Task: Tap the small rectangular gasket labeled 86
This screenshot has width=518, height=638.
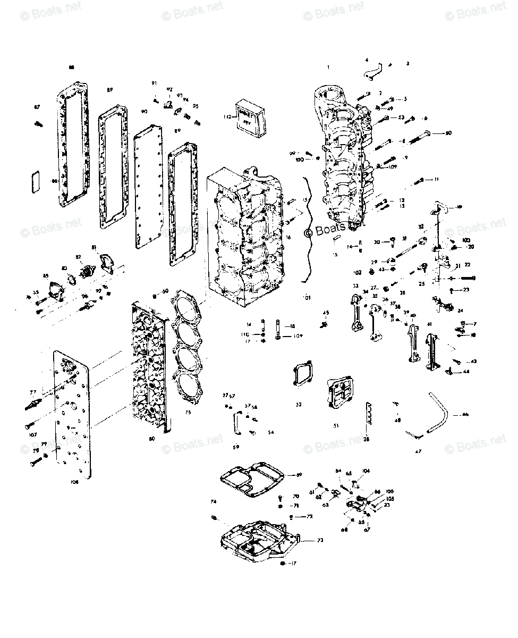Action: pyautogui.click(x=33, y=180)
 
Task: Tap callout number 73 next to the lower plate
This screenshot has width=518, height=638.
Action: pyautogui.click(x=320, y=540)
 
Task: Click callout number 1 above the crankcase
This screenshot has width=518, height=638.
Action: pyautogui.click(x=328, y=67)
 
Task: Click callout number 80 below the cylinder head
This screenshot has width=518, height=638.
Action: pyautogui.click(x=152, y=439)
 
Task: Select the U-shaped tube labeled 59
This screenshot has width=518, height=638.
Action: pyautogui.click(x=235, y=424)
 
